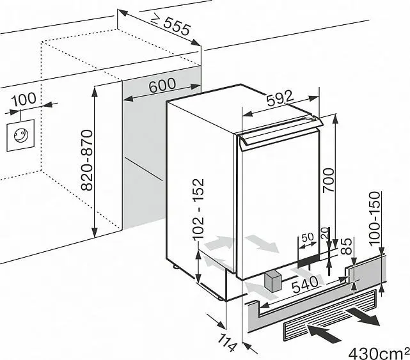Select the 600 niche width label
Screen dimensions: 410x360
tap(162, 85)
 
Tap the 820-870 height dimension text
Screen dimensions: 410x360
tap(87, 160)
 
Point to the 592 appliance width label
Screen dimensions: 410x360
tap(280, 97)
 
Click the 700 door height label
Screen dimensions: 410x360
tap(329, 180)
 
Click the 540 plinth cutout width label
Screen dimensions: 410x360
tap(305, 285)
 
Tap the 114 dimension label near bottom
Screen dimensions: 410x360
tap(227, 343)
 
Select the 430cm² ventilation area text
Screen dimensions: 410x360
tap(379, 353)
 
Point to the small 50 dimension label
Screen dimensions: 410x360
tap(308, 237)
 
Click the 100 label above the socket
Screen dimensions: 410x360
tap(24, 99)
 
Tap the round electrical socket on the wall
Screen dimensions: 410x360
tap(20, 136)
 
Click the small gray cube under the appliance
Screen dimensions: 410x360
tap(273, 281)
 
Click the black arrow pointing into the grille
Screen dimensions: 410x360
tap(324, 333)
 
